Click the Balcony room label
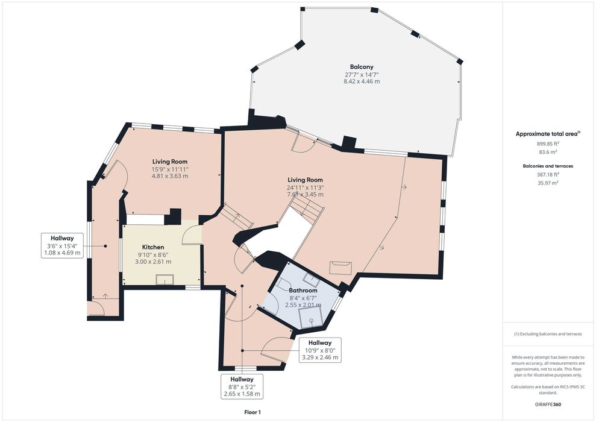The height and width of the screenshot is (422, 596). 362,67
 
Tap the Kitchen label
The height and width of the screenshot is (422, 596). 153,247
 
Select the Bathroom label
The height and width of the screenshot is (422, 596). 303,291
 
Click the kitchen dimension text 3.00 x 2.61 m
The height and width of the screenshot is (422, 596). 153,262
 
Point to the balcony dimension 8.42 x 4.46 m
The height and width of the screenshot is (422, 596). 362,81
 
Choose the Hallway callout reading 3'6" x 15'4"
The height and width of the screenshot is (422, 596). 62,245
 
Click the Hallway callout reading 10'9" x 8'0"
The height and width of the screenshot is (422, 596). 319,350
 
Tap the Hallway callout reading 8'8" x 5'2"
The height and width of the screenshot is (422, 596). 242,386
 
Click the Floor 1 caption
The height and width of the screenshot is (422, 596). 253,412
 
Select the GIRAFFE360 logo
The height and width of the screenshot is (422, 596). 547,405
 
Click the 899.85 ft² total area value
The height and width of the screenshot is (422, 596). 548,143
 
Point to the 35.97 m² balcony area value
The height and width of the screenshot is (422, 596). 548,183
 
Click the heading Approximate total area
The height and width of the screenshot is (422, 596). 548,134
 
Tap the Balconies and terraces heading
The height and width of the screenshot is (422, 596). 548,166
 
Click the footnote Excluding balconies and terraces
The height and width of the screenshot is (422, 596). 548,334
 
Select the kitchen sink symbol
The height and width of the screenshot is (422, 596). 165,279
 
